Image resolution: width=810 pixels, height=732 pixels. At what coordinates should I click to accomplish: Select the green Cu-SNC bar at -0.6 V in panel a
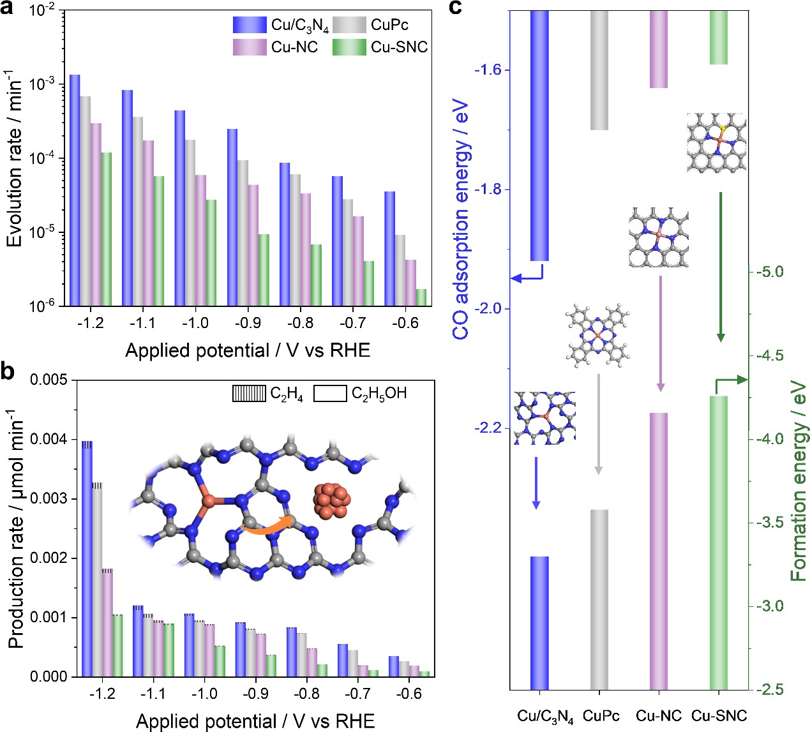click(x=421, y=297)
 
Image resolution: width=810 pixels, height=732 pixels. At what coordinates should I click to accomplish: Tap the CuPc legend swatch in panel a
click(x=349, y=25)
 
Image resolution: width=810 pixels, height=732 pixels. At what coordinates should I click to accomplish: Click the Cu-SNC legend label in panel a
click(x=399, y=47)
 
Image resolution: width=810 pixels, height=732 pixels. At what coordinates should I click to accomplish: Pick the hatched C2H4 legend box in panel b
click(x=249, y=394)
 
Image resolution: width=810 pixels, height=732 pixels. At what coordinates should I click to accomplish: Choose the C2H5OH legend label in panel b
click(x=379, y=394)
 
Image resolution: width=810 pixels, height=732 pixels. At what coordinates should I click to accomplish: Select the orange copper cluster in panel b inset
click(x=330, y=499)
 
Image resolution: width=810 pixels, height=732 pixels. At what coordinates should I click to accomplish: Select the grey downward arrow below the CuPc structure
click(x=598, y=424)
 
